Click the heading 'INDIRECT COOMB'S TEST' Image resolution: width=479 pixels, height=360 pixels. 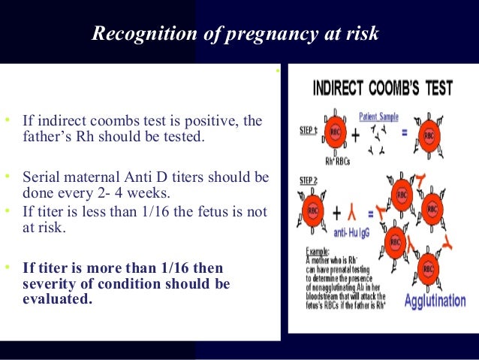pos(382,89)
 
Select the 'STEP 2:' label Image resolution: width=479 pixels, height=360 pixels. pos(305,180)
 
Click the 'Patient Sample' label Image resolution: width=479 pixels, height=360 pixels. pos(378,116)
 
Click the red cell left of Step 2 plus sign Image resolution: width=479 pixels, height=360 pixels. pos(309,210)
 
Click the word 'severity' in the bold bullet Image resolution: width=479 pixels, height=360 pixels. pos(46,283)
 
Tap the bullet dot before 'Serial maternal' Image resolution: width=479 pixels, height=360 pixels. pos(7,176)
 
